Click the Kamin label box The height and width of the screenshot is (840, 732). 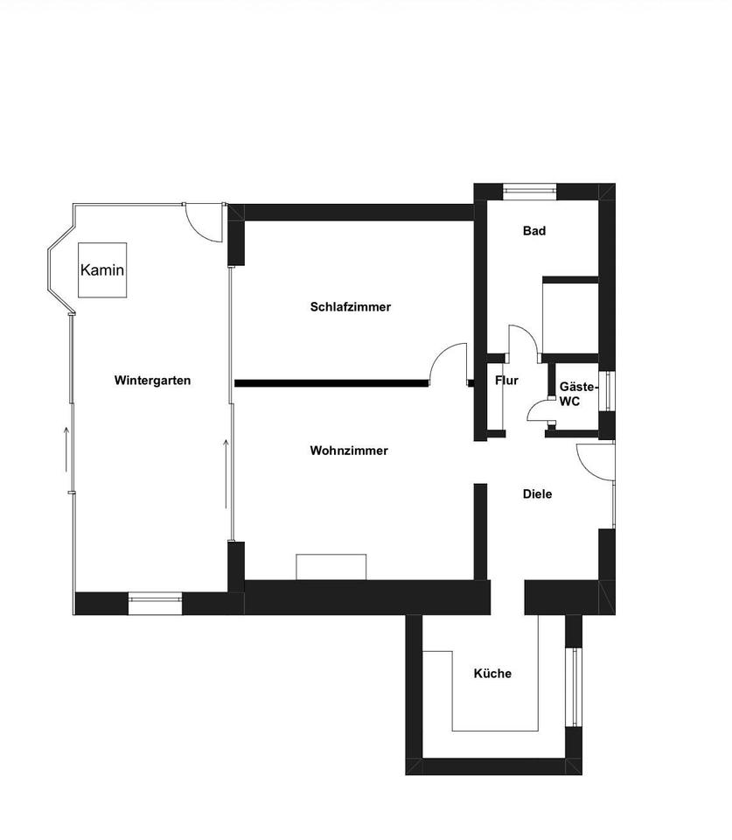[102, 269]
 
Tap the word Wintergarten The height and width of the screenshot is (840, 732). [152, 381]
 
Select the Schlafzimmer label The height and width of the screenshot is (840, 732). [350, 307]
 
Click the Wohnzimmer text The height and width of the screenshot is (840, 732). [349, 451]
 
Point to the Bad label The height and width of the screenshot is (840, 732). [534, 231]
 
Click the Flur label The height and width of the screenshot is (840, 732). [506, 381]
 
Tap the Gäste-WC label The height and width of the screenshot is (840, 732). [577, 393]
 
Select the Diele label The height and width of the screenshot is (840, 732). [537, 494]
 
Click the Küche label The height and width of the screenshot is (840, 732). [492, 674]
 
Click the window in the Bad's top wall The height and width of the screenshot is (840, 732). [529, 188]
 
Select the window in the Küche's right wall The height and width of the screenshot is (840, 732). [574, 687]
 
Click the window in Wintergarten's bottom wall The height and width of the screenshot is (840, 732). [155, 599]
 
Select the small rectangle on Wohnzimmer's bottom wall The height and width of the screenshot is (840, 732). [331, 566]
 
